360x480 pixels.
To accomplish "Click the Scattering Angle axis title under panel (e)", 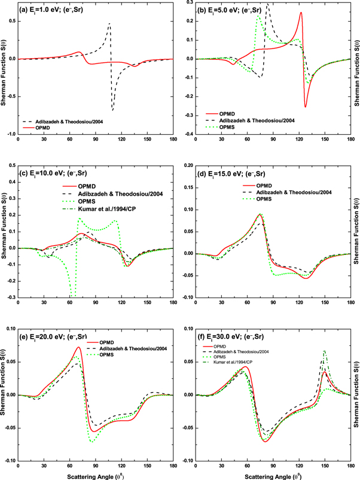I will click(x=96, y=475).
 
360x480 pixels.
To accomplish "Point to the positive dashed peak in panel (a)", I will click(x=109, y=23).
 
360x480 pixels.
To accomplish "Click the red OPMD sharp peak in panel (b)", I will click(x=301, y=13).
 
